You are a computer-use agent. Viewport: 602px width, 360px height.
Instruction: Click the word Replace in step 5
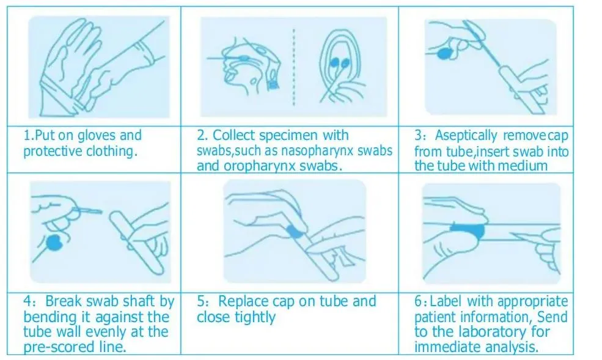242,301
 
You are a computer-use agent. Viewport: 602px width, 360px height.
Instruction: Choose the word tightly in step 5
251,317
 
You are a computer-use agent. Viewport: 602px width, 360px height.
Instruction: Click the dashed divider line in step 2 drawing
293,64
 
